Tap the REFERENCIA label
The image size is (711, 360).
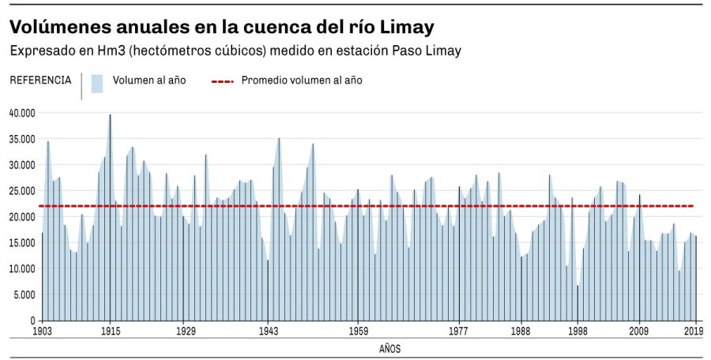(x=40, y=80)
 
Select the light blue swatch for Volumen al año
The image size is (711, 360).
(x=97, y=83)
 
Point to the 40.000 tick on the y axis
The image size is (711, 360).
(x=22, y=113)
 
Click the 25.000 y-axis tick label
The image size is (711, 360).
(x=22, y=190)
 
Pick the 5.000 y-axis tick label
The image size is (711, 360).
(x=24, y=294)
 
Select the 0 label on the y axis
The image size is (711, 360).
(x=33, y=321)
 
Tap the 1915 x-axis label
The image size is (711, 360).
(x=110, y=332)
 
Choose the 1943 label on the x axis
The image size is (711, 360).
(x=269, y=332)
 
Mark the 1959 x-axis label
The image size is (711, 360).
(x=358, y=332)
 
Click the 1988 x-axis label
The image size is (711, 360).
(x=521, y=332)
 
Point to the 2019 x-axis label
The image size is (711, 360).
(x=694, y=332)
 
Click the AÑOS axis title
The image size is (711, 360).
(x=390, y=348)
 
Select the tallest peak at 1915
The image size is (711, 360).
(x=110, y=116)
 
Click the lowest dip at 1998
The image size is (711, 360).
(x=577, y=286)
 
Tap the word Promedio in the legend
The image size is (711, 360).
(x=265, y=81)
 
